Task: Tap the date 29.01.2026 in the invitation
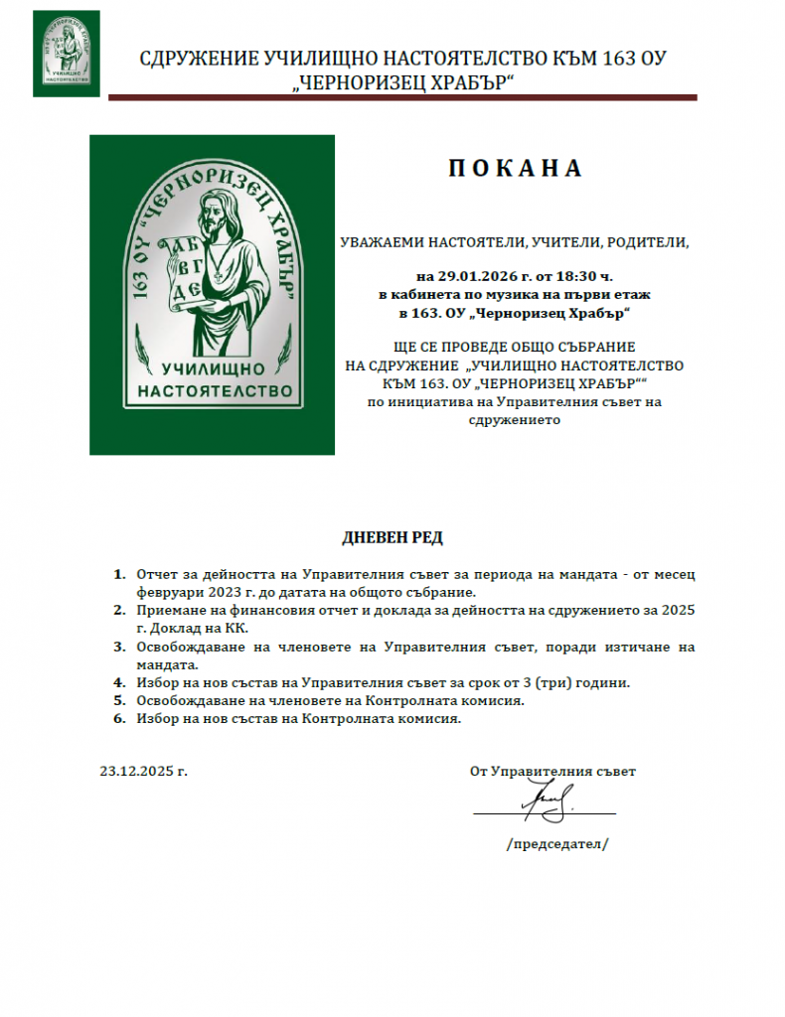(x=472, y=275)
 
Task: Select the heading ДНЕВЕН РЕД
(x=392, y=537)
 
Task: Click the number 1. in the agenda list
(x=119, y=575)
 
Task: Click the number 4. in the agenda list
(x=119, y=683)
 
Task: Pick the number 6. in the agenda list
(x=119, y=719)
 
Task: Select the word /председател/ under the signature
(x=556, y=844)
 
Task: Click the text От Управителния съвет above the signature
(x=552, y=771)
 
